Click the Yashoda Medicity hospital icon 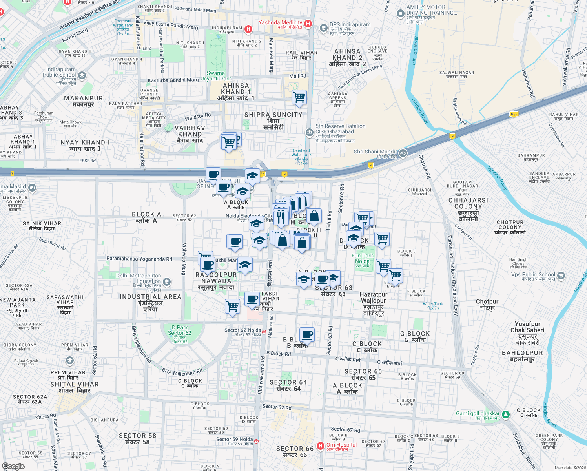pyautogui.click(x=308, y=24)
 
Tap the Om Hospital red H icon pyautogui.click(x=321, y=446)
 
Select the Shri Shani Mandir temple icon pyautogui.click(x=403, y=153)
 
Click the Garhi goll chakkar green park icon pyautogui.click(x=506, y=414)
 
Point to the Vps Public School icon pyautogui.click(x=561, y=276)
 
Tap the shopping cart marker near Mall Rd pyautogui.click(x=299, y=97)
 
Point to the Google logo pyautogui.click(x=13, y=466)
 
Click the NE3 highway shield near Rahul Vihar pyautogui.click(x=514, y=114)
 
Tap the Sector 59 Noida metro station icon pyautogui.click(x=256, y=441)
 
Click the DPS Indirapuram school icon pyautogui.click(x=323, y=28)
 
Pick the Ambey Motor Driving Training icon pyautogui.click(x=400, y=14)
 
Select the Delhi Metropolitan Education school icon pyautogui.click(x=167, y=282)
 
